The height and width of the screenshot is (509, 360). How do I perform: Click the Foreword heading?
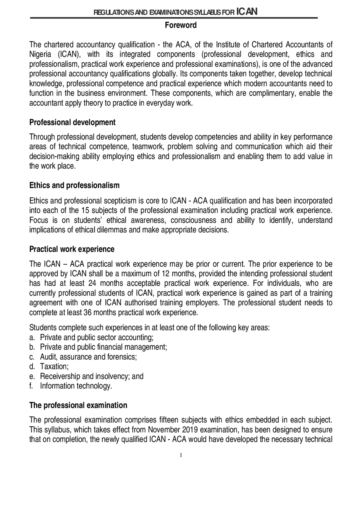pos(181,25)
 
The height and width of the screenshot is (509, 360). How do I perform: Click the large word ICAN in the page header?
pos(247,12)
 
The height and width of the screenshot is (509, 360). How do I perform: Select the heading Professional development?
pos(72,123)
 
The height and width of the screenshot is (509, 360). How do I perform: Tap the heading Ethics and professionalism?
pos(74,185)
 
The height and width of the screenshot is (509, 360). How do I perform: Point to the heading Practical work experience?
pos(72,249)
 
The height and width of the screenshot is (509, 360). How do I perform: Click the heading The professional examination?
pos(78,405)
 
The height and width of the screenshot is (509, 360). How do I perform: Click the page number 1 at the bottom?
pos(181,455)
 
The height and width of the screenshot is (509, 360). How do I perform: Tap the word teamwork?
pos(146,147)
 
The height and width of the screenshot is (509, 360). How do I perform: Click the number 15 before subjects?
pos(85,211)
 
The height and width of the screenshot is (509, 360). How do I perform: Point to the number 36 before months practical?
pos(88,313)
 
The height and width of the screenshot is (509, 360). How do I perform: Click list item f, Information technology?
pos(76,386)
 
